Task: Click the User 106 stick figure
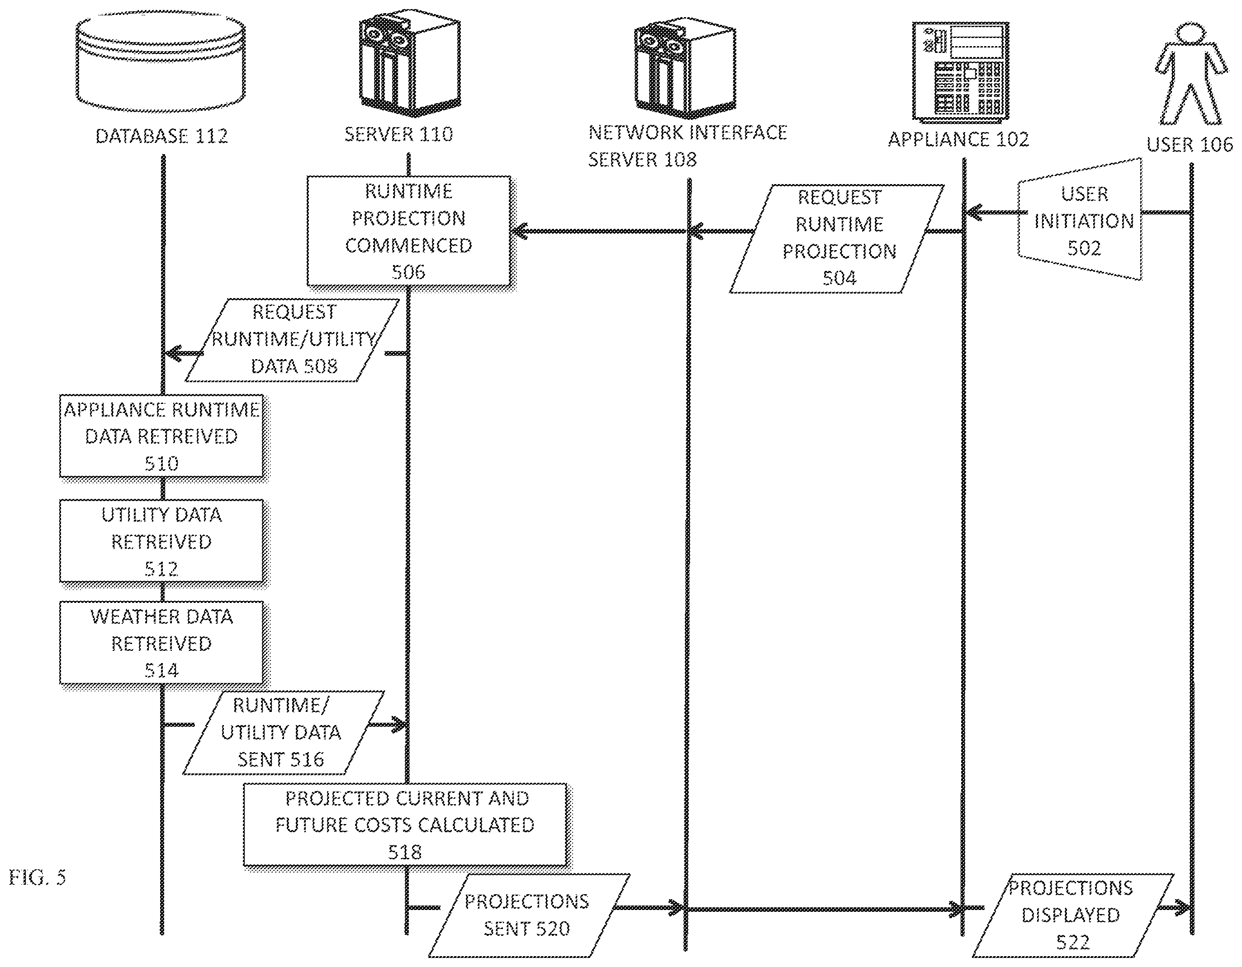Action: coord(1190,74)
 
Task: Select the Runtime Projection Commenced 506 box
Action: coord(409,231)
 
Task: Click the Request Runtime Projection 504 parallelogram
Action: coord(837,238)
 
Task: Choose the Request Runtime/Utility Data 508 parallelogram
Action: coord(292,340)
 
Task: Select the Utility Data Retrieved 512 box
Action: coord(161,541)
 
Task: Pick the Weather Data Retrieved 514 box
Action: coord(161,643)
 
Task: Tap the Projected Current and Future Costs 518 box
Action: coord(405,825)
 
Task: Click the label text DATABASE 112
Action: coord(161,136)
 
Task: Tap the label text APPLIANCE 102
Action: coord(959,139)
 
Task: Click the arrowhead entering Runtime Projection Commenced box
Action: coord(519,232)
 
